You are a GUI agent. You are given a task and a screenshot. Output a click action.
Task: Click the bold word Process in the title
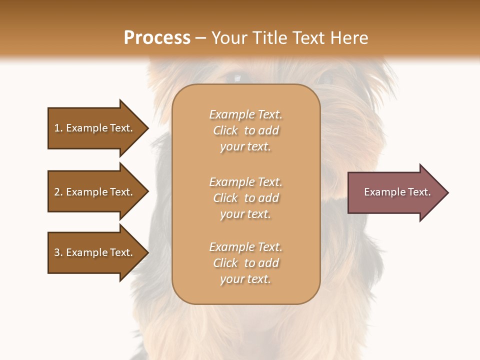pos(157,37)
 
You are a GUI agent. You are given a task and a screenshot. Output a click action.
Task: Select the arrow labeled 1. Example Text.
pos(95,128)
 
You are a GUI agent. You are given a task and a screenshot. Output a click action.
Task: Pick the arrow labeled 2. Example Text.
pos(95,191)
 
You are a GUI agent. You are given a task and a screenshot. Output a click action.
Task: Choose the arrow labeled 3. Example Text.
pos(95,252)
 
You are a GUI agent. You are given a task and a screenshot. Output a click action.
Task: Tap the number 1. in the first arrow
pos(58,128)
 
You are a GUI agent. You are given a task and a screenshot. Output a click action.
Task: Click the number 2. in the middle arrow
pos(58,192)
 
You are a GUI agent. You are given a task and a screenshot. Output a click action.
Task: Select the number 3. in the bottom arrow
pos(58,252)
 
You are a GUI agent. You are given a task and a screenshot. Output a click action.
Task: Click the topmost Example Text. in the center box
pos(245,114)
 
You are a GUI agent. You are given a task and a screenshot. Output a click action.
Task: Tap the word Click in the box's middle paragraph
pos(225,198)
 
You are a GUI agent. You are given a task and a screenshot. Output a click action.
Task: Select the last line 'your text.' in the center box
pos(245,279)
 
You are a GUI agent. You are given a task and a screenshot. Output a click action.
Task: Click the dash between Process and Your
pos(201,38)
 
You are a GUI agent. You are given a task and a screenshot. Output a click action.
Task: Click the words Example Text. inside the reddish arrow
pos(397,192)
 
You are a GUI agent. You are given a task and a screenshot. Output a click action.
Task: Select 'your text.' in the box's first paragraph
pos(245,146)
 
